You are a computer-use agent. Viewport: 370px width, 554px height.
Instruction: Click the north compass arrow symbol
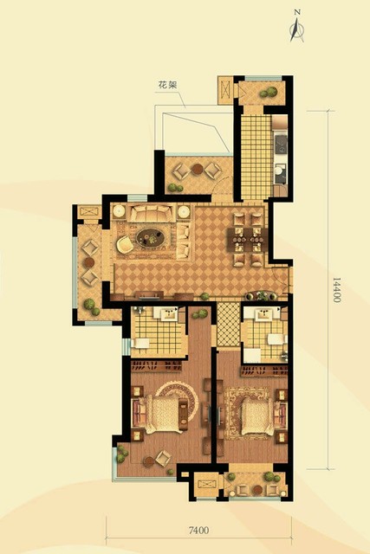[296, 29]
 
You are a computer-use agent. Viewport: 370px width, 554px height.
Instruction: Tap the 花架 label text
[167, 85]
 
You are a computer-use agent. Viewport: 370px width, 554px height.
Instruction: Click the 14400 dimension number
[336, 290]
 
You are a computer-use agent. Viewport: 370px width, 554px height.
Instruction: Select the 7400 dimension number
[198, 530]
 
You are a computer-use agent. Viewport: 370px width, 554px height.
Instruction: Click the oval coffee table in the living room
[150, 238]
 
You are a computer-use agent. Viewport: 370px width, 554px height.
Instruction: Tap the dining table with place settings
[248, 240]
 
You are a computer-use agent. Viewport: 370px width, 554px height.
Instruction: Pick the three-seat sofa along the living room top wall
[152, 213]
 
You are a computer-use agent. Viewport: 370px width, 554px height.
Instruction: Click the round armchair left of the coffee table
[125, 244]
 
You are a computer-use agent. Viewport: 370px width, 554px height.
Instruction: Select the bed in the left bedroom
[162, 414]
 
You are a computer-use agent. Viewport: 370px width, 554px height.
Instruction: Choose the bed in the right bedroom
[260, 416]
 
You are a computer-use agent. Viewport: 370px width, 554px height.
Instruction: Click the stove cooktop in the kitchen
[280, 144]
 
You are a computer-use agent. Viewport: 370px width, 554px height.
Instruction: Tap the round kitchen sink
[278, 171]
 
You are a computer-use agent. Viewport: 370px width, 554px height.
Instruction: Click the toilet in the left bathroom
[140, 343]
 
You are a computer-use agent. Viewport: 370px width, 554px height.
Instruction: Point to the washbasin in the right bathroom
[263, 314]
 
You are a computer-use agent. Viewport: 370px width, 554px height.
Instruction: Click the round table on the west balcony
[89, 262]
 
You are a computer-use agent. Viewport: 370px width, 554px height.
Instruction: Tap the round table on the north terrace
[197, 170]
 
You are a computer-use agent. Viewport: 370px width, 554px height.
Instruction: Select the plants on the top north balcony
[269, 93]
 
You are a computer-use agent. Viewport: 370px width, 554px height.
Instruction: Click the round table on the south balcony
[257, 490]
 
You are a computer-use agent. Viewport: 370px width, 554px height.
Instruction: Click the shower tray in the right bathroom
[252, 356]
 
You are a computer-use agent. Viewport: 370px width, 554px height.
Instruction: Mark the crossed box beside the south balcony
[206, 485]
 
